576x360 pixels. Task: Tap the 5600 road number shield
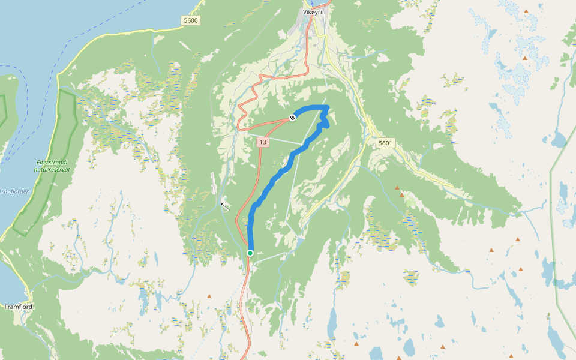tap(190, 20)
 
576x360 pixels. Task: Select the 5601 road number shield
tap(385, 143)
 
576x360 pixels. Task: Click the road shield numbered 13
tap(263, 142)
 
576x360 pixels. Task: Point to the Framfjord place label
tap(18, 307)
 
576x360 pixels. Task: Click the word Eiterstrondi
tap(52, 163)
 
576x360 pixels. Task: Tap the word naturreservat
tap(52, 170)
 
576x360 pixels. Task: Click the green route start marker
tap(250, 253)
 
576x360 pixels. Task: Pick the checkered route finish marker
tap(292, 118)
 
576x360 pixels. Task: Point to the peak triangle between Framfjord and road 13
tap(209, 296)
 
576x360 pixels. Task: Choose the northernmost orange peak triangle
tap(526, 11)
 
